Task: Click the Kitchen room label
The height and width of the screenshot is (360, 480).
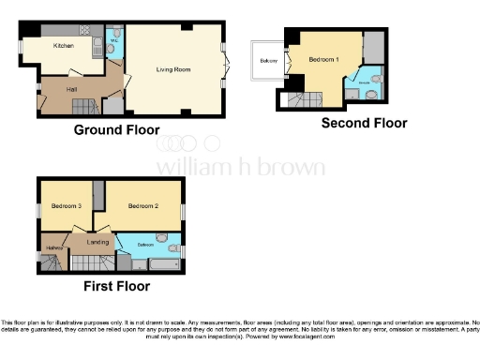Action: [x=64, y=45]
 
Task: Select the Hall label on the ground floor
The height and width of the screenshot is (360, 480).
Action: [x=71, y=89]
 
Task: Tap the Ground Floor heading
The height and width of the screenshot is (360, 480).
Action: [x=116, y=130]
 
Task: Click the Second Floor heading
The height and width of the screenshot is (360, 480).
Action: [x=364, y=123]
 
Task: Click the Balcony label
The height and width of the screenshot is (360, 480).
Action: [x=268, y=62]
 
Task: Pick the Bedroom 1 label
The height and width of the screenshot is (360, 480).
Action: [x=324, y=60]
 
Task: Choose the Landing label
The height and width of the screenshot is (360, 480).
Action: [x=98, y=242]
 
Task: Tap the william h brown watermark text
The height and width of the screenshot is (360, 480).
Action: [x=240, y=167]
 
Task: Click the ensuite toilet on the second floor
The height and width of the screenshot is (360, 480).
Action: [x=372, y=95]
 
